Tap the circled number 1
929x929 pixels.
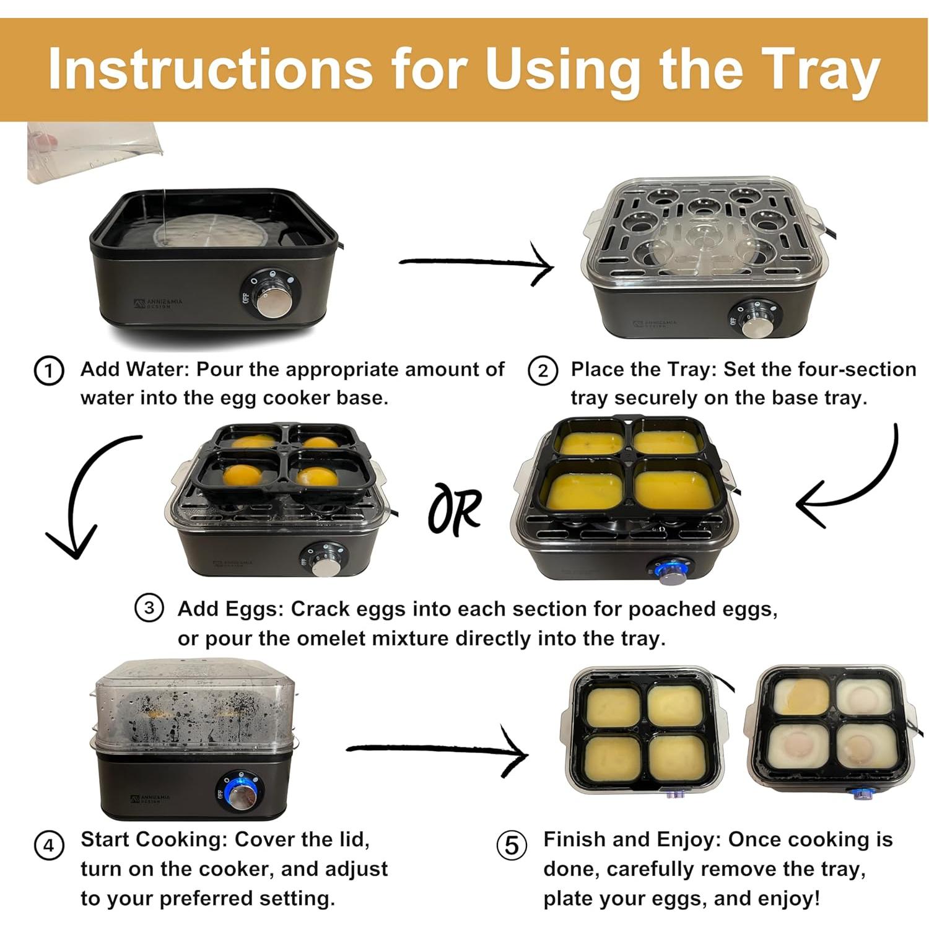49,371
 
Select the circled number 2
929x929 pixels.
543,371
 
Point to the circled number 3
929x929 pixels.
149,609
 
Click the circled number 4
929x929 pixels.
49,846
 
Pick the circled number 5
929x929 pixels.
512,846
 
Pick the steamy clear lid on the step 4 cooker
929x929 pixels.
194,706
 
